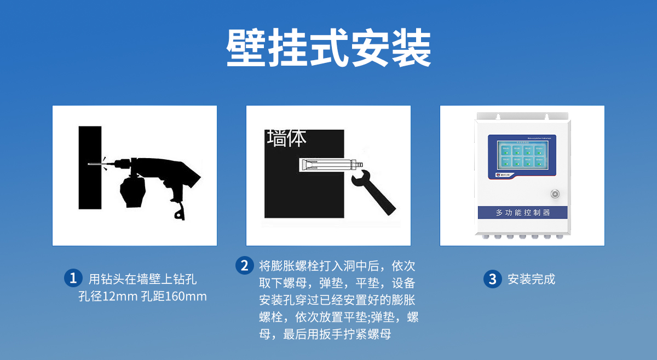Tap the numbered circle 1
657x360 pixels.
73,278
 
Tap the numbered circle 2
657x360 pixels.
245,266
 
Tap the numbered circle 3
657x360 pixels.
492,279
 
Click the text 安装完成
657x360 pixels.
531,279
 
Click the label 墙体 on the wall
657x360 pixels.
286,138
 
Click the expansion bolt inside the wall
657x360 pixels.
328,164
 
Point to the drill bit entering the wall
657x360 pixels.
99,162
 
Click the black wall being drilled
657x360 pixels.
90,181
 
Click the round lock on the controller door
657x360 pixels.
554,193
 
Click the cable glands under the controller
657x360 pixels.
522,237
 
